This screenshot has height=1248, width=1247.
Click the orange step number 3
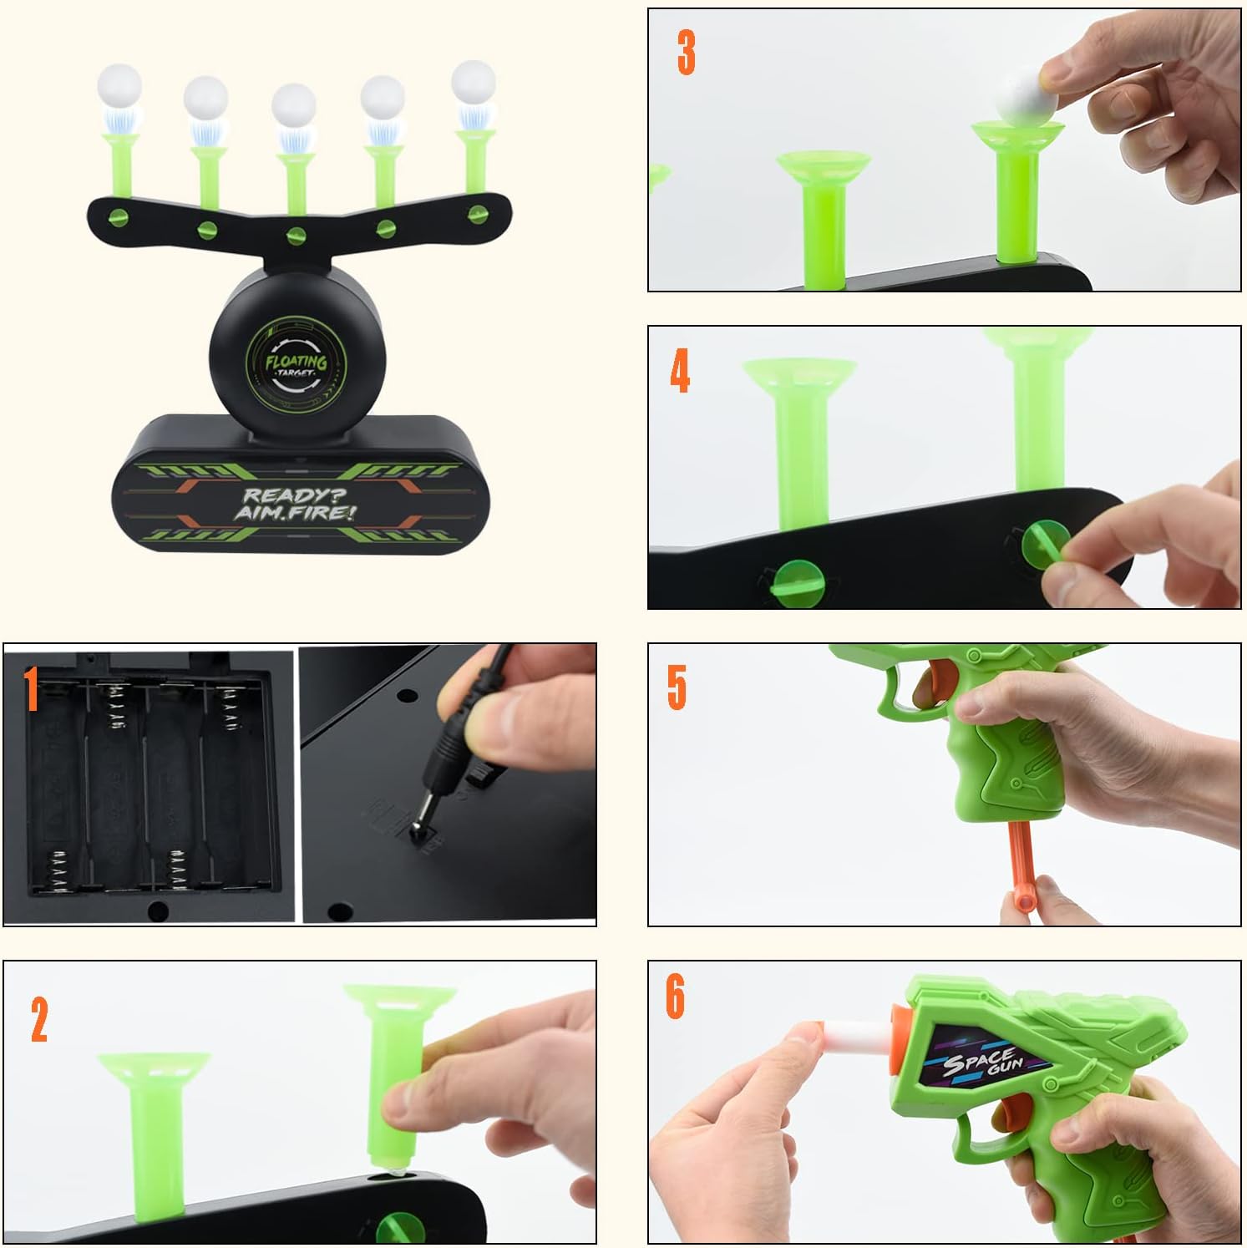click(x=686, y=52)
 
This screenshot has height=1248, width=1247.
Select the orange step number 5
click(x=676, y=687)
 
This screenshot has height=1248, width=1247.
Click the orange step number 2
click(x=39, y=1019)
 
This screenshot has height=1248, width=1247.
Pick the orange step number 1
click(x=31, y=689)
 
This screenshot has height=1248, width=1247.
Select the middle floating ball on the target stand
click(x=293, y=106)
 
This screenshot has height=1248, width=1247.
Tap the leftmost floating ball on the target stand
click(x=119, y=85)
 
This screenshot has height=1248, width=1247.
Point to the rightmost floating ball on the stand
click(x=474, y=81)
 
